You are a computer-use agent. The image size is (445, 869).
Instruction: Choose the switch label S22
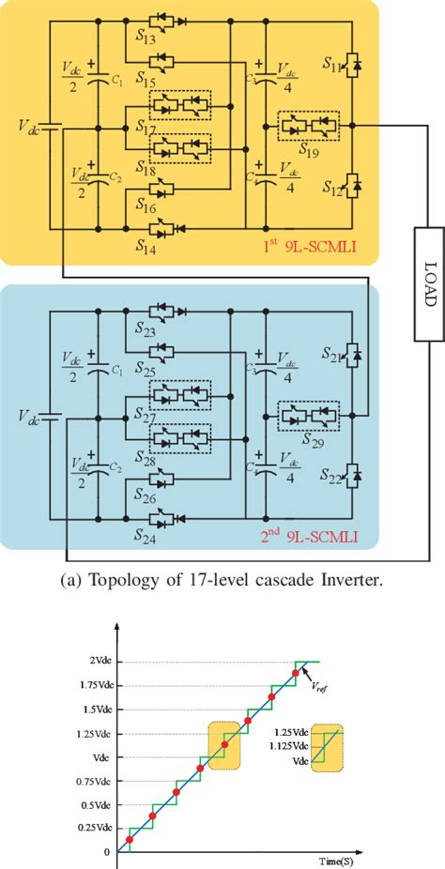coord(333,480)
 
